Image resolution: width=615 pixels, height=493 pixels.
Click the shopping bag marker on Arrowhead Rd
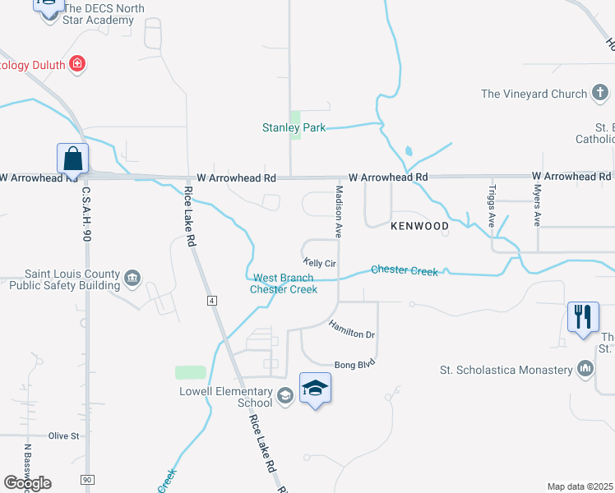point(72,159)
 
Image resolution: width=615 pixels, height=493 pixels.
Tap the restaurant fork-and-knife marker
point(583,317)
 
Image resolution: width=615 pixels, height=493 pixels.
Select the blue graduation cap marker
point(315,389)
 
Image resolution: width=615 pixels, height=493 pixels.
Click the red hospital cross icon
point(77,63)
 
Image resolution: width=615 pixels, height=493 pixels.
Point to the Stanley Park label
point(294,127)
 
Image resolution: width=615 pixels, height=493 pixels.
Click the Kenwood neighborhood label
point(419,225)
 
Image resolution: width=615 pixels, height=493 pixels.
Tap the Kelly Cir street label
point(320,263)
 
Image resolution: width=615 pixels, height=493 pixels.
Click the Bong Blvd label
point(354,364)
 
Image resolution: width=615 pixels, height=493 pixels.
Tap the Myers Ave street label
point(537,205)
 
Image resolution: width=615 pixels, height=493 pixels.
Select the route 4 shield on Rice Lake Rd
point(212,302)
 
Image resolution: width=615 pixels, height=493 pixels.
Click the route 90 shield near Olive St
point(87,478)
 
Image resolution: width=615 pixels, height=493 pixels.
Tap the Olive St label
point(63,435)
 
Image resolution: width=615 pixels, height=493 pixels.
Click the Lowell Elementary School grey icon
point(284,397)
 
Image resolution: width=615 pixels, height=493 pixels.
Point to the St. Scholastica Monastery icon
point(585,369)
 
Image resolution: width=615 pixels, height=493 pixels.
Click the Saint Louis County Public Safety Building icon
point(132,280)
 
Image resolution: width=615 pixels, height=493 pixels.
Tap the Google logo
point(28,483)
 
